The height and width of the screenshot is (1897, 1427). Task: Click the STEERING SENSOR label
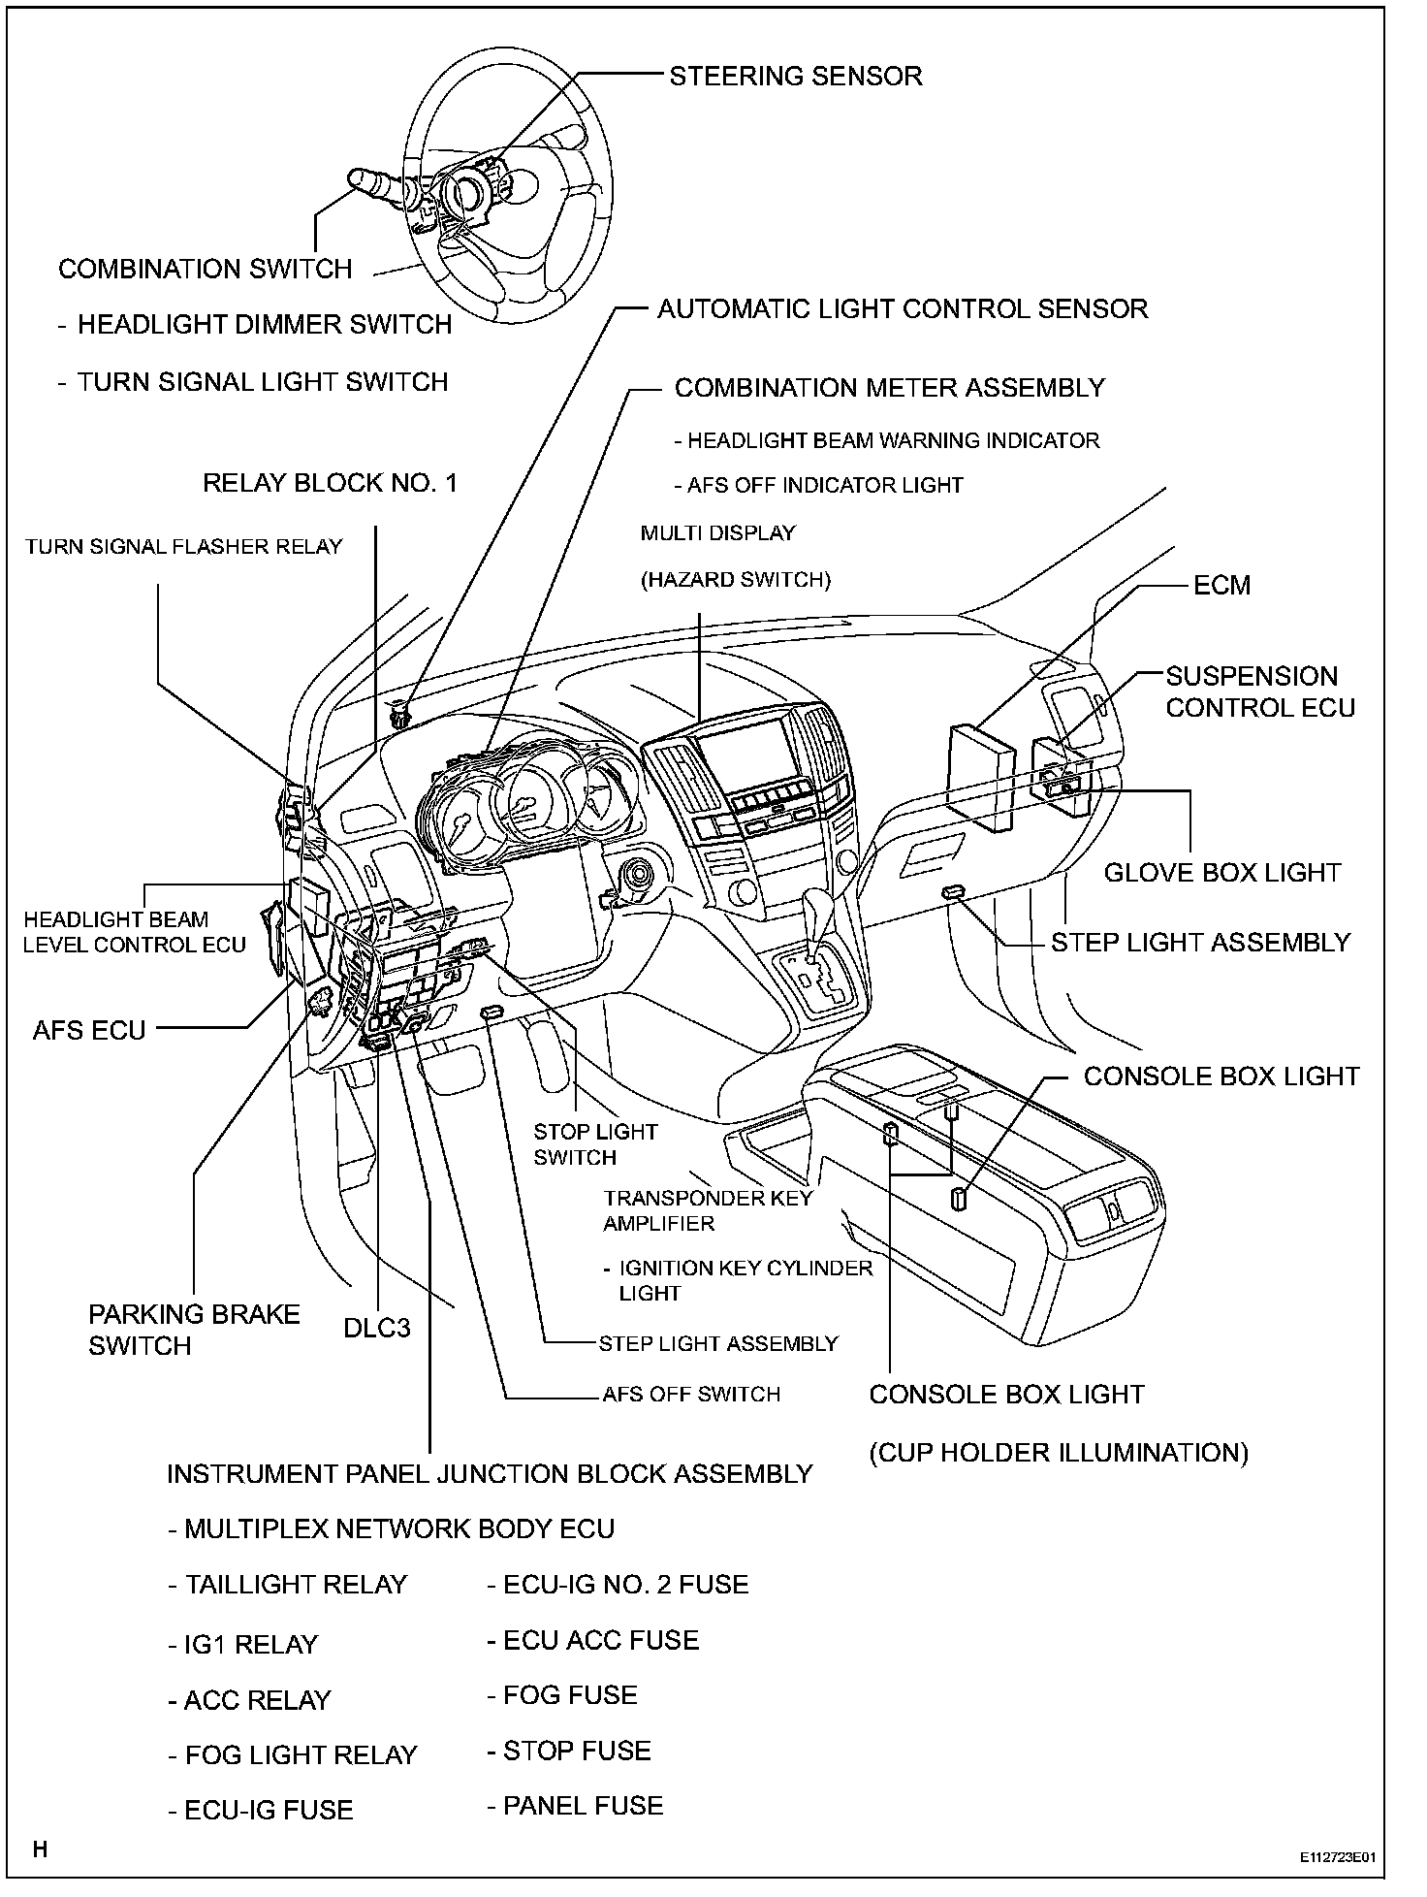(795, 76)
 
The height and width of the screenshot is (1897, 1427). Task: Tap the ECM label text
(1221, 585)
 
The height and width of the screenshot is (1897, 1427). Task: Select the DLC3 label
(377, 1327)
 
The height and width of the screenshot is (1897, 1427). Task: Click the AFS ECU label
(89, 1029)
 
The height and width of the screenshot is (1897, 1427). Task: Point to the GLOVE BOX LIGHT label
(1221, 872)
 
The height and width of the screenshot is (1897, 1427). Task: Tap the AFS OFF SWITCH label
(691, 1394)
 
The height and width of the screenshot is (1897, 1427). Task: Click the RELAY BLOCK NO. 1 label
(330, 483)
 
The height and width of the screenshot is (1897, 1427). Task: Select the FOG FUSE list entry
(562, 1694)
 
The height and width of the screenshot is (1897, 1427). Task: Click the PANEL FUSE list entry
(575, 1805)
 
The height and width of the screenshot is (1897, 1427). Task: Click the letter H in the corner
(41, 1849)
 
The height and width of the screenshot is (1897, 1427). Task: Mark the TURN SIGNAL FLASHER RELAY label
(184, 547)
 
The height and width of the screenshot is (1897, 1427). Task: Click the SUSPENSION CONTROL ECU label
(1259, 691)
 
